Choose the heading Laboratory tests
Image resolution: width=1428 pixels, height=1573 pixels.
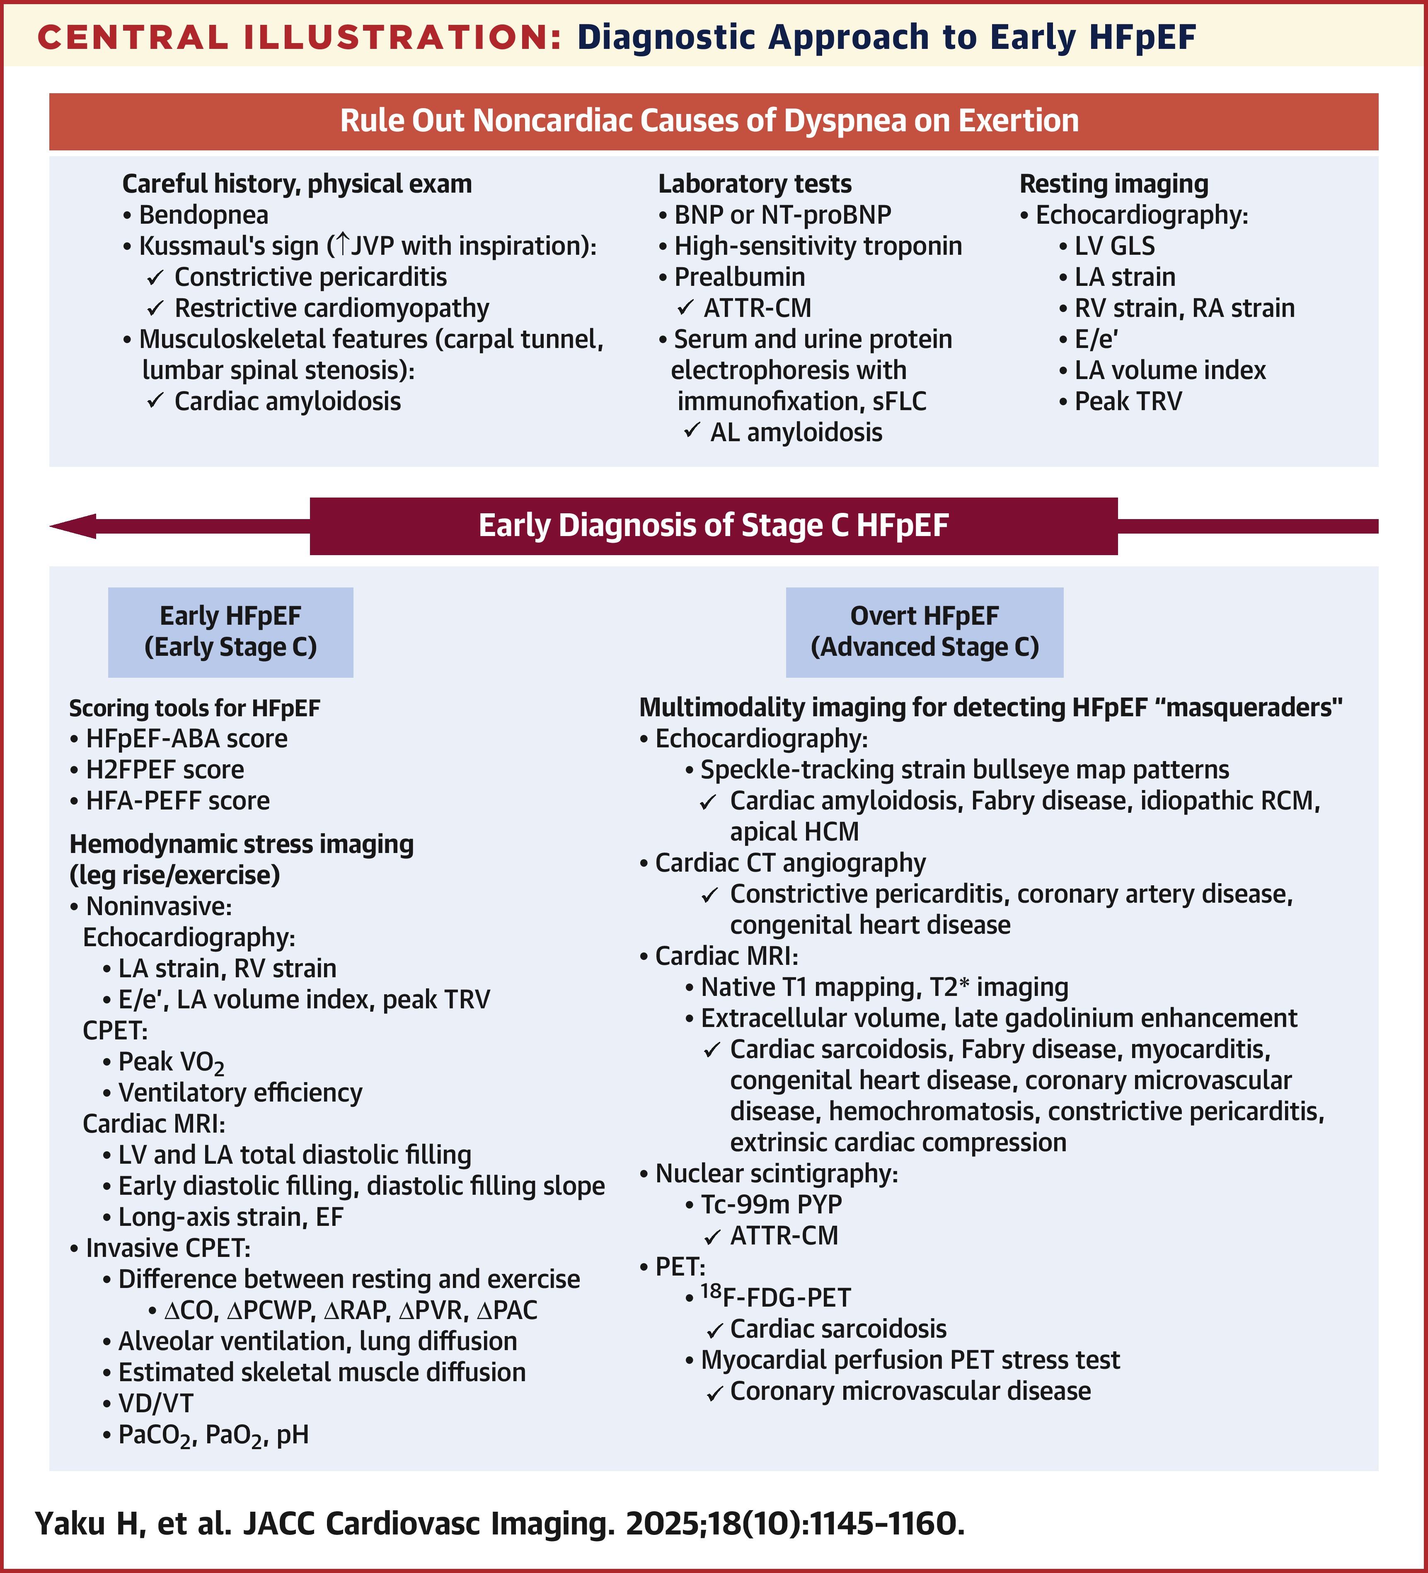(x=755, y=184)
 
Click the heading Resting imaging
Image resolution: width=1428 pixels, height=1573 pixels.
(x=1113, y=184)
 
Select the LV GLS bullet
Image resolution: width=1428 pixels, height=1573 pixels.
(x=1114, y=246)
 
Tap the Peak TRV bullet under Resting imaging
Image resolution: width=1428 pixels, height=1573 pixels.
(x=1128, y=401)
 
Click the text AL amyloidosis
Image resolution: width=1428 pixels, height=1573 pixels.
(x=796, y=432)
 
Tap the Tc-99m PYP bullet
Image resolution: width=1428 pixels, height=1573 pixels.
(x=771, y=1204)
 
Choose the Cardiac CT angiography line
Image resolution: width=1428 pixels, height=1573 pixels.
(x=790, y=863)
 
